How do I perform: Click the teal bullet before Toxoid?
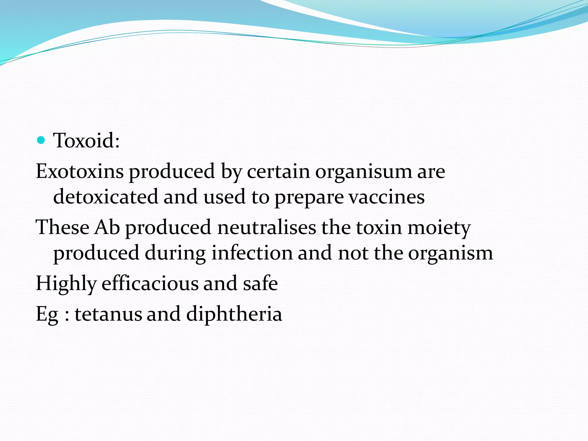tap(41, 140)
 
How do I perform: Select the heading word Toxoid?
tap(86, 140)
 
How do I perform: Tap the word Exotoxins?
tap(80, 171)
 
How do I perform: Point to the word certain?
tap(278, 171)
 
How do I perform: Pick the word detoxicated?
tap(106, 197)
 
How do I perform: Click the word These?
tap(62, 227)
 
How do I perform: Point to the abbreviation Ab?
tap(107, 227)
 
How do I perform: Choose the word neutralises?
tap(267, 227)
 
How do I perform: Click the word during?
tap(175, 254)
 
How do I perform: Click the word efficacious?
tap(150, 283)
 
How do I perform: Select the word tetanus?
tap(108, 314)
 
